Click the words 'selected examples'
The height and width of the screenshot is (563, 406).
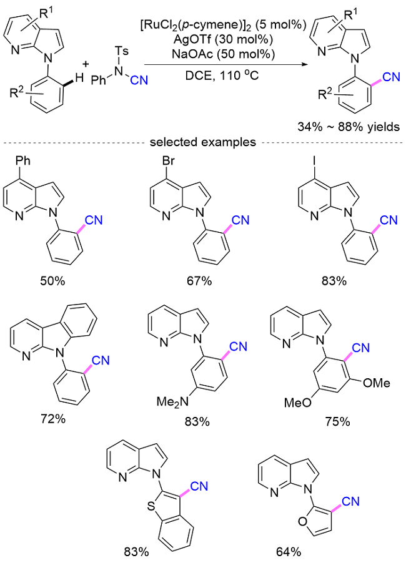[x=202, y=142]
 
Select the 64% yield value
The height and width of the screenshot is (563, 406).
[x=286, y=551]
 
